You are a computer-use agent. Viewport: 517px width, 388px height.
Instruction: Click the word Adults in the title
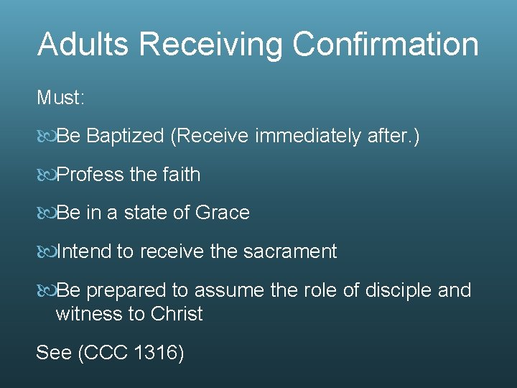coord(83,44)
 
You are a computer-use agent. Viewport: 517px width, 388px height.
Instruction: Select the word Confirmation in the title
coord(386,44)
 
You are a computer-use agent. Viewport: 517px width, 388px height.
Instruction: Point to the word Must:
coord(61,97)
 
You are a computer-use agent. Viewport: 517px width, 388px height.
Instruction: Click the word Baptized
coord(126,136)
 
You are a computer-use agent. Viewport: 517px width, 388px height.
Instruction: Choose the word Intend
coord(84,252)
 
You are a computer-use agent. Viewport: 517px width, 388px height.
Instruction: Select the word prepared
coord(127,290)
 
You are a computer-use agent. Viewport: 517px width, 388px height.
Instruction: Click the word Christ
coord(177,314)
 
